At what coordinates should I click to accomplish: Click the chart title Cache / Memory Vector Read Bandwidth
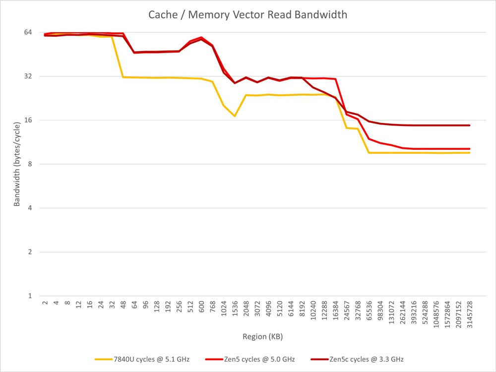[x=248, y=14]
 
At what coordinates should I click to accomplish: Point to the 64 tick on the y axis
[x=28, y=32]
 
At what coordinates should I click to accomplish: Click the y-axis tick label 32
[x=28, y=76]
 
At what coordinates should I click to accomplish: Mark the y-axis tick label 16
[x=28, y=120]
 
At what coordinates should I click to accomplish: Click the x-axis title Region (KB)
[x=262, y=337]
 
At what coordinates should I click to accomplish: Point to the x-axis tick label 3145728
[x=470, y=312]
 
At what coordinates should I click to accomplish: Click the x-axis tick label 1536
[x=235, y=308]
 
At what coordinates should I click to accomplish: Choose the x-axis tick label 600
[x=201, y=307]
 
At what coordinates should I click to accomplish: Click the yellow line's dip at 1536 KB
[x=235, y=116]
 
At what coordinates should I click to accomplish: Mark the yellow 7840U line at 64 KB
[x=134, y=77]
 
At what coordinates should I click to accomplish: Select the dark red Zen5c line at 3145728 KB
[x=469, y=125]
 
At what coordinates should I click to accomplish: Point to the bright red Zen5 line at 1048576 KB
[x=436, y=149]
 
